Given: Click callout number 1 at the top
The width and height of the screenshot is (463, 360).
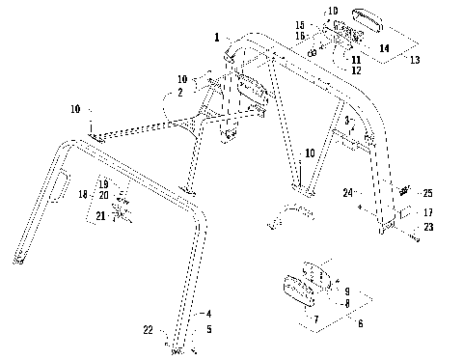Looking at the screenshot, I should click(218, 38).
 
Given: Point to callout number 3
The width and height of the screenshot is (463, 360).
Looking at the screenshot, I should click(345, 121).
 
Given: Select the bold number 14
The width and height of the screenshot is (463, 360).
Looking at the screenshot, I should click(384, 46).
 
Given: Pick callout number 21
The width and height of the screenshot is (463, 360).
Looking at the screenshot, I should click(100, 216).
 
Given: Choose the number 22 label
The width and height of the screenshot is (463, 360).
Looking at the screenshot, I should click(148, 330).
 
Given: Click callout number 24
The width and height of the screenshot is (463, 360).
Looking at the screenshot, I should click(346, 192).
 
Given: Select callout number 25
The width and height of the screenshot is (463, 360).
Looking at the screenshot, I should click(428, 193).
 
